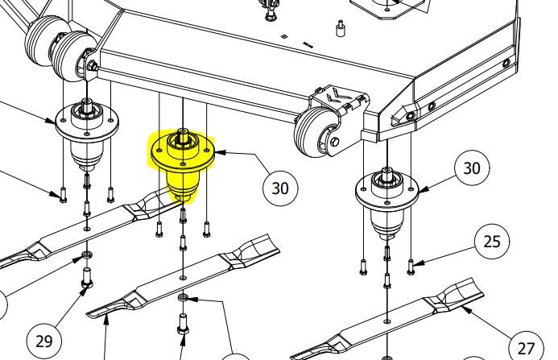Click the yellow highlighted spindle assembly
pyautogui.click(x=183, y=163)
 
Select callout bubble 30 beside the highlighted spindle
pyautogui.click(x=280, y=188)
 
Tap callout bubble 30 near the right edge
pyautogui.click(x=472, y=168)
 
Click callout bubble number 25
pyautogui.click(x=492, y=242)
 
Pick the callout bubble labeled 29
pyautogui.click(x=44, y=341)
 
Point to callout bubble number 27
pyautogui.click(x=527, y=348)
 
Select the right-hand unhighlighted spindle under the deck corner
pyautogui.click(x=386, y=202)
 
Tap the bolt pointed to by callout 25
pyautogui.click(x=411, y=267)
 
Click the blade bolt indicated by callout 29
pyautogui.click(x=87, y=278)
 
